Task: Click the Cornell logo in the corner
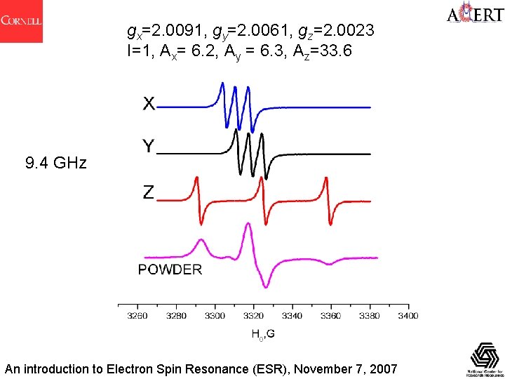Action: tap(21, 21)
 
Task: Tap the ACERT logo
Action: tap(473, 15)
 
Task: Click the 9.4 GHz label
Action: tap(56, 164)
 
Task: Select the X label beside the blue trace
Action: tap(149, 104)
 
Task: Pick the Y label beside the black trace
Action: tap(149, 147)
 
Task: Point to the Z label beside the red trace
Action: tap(149, 192)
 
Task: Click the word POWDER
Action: tap(170, 269)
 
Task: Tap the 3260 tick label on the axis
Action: tap(137, 316)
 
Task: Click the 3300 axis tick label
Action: tap(215, 316)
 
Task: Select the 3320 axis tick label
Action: tap(254, 316)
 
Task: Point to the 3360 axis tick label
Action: tap(331, 316)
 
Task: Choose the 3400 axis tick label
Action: tap(408, 316)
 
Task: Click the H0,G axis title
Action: tap(263, 334)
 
